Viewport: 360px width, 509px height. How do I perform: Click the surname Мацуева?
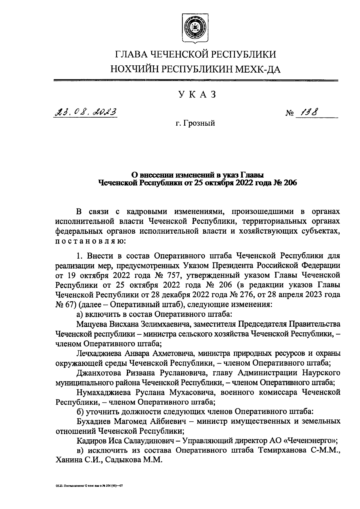point(91,324)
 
